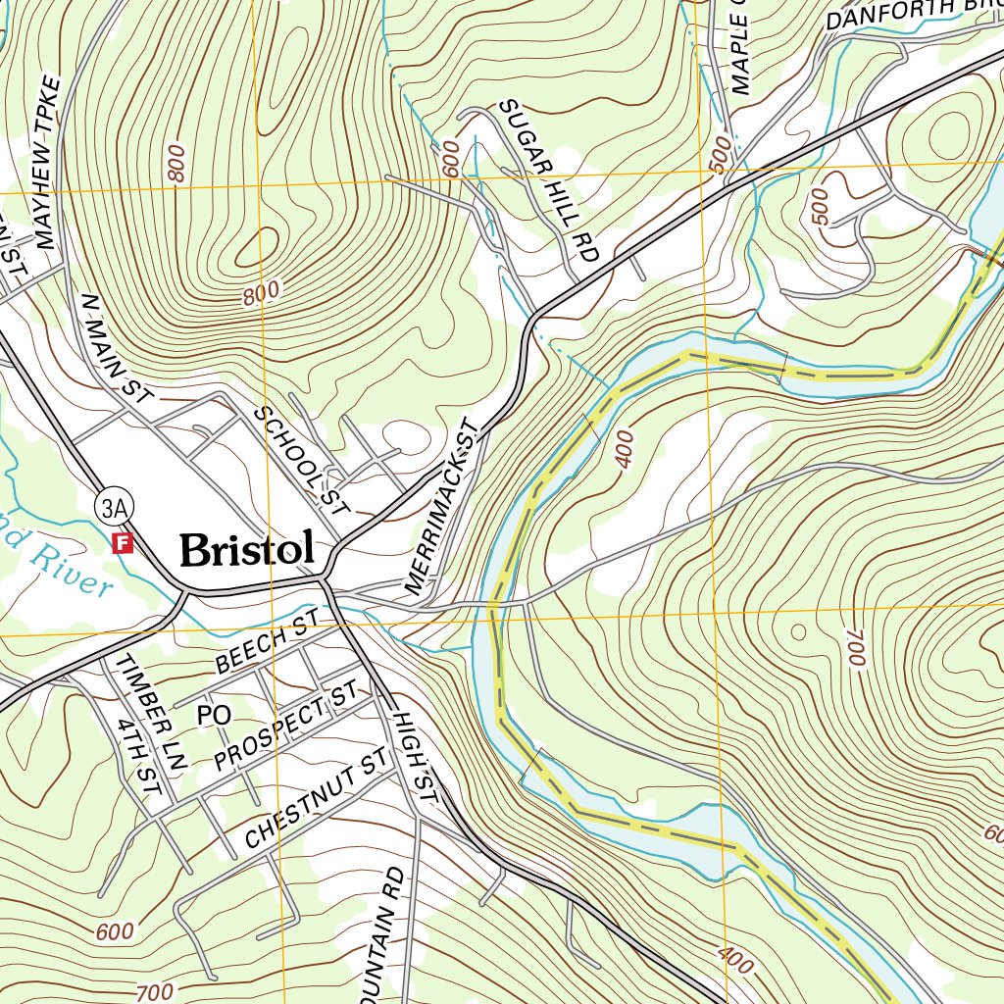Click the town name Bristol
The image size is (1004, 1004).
[247, 550]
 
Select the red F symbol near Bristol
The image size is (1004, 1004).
[123, 542]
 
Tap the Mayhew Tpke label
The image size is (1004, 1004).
[48, 162]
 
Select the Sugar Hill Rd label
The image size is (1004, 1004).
[548, 179]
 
